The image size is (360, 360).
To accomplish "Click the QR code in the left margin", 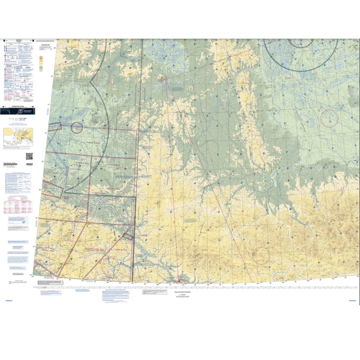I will point(29,156).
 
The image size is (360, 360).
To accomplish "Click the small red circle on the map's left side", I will point(76,127).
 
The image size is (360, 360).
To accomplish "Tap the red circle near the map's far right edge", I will point(329,118).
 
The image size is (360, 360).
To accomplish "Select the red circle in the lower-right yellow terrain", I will point(260,256).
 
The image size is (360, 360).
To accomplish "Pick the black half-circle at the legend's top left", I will point(3,40).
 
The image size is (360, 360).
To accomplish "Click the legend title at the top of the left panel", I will point(19,41).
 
